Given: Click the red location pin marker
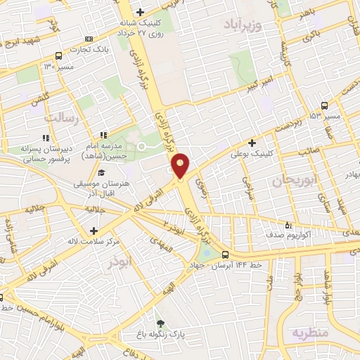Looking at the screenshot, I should (180, 167).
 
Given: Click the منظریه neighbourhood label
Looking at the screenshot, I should (310, 332).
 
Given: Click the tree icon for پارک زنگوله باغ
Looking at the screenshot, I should (162, 323).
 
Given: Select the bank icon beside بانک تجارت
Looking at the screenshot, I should (88, 39).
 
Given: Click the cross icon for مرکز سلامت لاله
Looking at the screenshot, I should (94, 231).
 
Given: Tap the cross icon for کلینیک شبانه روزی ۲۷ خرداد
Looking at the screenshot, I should (141, 12).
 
